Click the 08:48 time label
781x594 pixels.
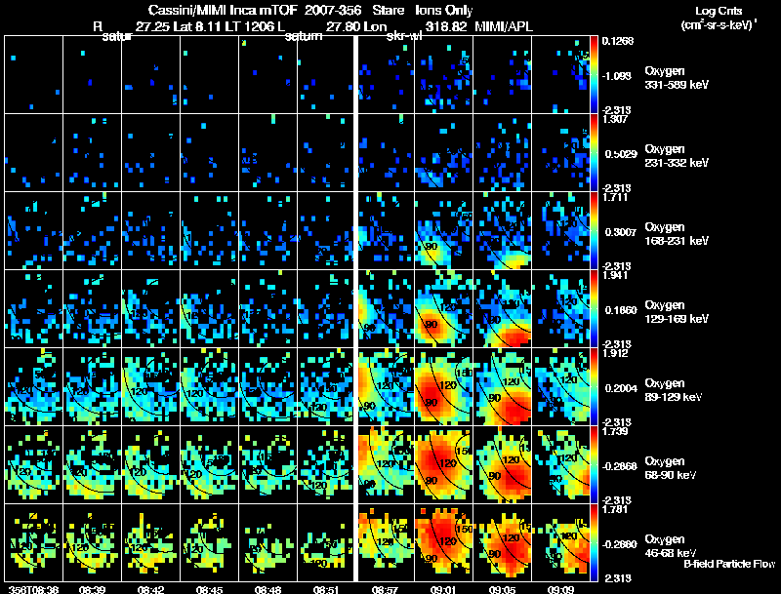point(267,589)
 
